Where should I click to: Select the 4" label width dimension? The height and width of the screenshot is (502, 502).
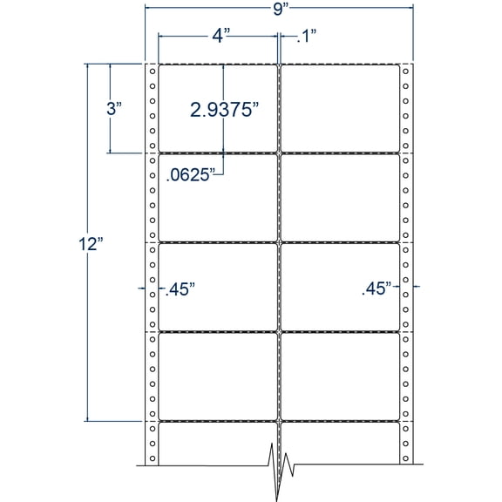[220, 37]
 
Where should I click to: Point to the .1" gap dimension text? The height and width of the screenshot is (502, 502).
[304, 37]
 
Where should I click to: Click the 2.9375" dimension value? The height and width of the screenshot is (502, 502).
[226, 110]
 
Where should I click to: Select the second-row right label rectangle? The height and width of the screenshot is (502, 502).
[340, 197]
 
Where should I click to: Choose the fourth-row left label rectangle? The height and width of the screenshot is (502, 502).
[217, 375]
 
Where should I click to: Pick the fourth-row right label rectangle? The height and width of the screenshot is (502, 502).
[340, 375]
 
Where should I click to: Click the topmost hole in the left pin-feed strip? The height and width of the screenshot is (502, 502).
[152, 71]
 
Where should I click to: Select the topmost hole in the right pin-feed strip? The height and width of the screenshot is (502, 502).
[406, 71]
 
